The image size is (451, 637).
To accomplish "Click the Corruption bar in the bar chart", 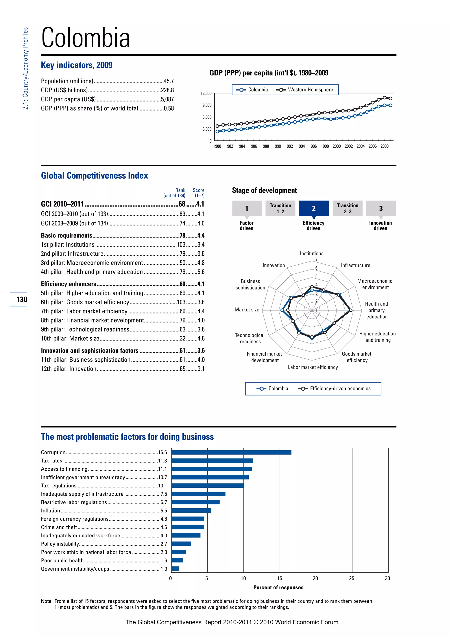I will click(231, 452).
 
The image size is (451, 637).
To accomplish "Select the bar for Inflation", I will click(191, 511).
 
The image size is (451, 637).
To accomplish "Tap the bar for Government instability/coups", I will click(175, 569).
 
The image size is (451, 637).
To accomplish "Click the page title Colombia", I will click(85, 38).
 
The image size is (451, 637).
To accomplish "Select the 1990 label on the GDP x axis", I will click(277, 146).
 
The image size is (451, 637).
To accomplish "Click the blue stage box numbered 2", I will click(314, 208).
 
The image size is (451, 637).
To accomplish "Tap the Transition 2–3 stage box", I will click(347, 208).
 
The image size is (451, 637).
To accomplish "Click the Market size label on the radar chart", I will click(247, 310).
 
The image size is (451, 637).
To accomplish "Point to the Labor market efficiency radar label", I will click(313, 367).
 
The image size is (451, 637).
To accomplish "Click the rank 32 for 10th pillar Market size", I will click(183, 339).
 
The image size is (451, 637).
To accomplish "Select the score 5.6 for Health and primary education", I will click(201, 272).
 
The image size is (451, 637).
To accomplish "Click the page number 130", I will click(22, 299).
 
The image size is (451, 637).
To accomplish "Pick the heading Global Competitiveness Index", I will click(94, 176).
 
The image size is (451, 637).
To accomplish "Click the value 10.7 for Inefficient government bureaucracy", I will click(163, 478).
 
